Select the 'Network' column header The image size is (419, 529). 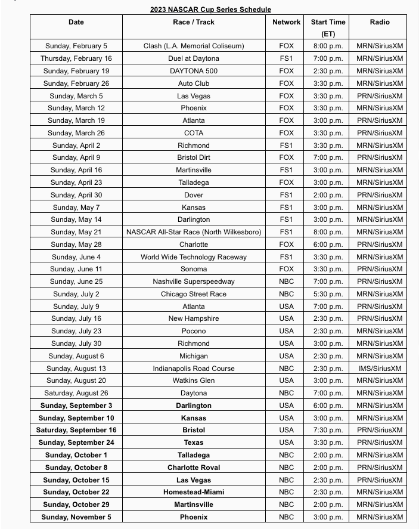coord(286,22)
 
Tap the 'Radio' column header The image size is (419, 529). coord(379,22)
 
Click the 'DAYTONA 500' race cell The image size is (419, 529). coord(194,71)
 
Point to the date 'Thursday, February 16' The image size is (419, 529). coord(76,58)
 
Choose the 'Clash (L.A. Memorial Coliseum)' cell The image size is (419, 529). coord(194,46)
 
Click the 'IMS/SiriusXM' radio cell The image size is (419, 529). coord(379,369)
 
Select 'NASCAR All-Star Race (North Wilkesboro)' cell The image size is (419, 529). coord(194,232)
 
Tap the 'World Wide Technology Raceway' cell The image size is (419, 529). coord(194,257)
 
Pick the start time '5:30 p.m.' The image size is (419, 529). coord(328,294)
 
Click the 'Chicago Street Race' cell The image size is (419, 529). coord(194,294)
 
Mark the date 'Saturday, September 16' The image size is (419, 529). coord(76,430)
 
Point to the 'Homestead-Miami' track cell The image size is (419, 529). coord(194,492)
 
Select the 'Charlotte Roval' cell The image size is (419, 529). coord(194,468)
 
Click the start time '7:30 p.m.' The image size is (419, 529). coord(328,430)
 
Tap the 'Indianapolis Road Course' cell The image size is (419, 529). coord(194,369)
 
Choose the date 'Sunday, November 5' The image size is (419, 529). coord(76,517)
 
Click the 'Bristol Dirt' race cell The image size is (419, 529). coord(194,157)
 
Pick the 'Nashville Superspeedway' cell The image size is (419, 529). coord(194,281)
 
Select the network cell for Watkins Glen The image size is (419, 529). coord(286,380)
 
